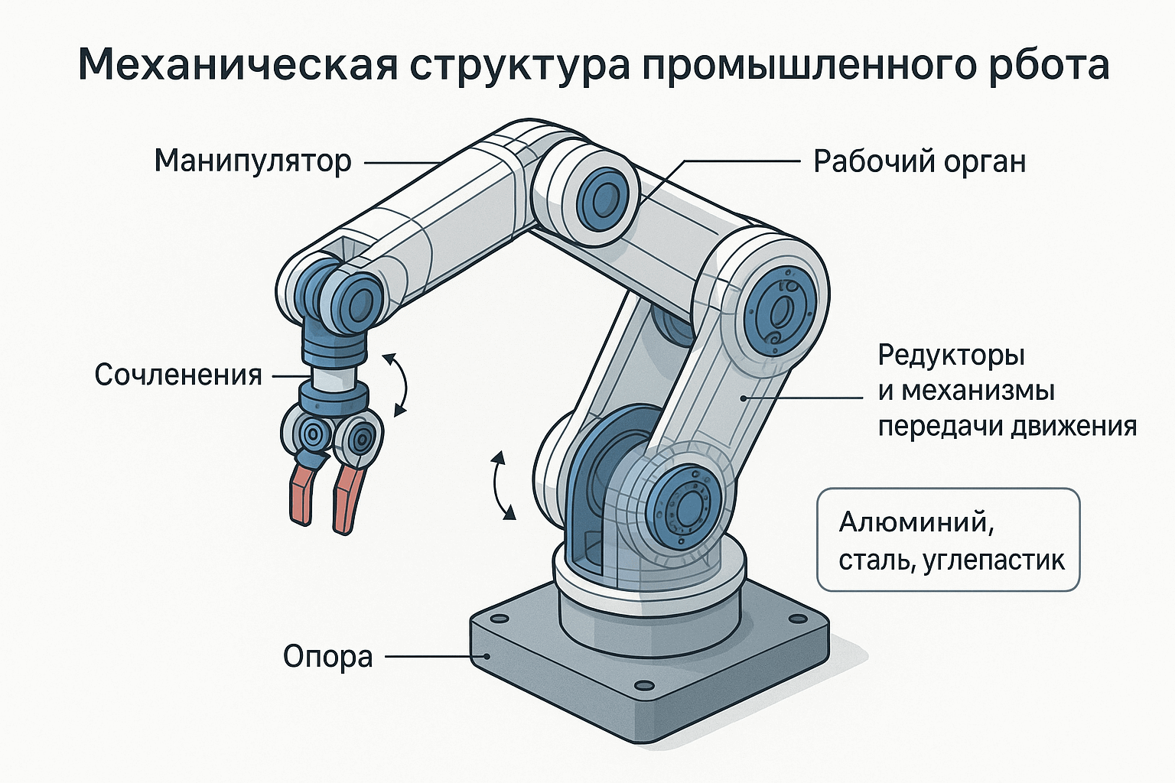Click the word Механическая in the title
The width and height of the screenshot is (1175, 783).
238,64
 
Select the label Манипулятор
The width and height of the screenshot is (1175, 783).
252,161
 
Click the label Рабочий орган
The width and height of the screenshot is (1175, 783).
919,161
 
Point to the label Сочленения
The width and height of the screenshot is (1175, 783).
178,375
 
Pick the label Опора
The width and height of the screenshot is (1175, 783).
328,656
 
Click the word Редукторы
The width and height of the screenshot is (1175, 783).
952,356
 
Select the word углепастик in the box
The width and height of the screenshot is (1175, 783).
994,560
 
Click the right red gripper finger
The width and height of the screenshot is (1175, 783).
350,499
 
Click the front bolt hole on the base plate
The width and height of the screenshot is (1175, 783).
645,686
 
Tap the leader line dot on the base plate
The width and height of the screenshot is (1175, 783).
487,655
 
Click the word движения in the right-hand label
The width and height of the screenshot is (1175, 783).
1073,427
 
